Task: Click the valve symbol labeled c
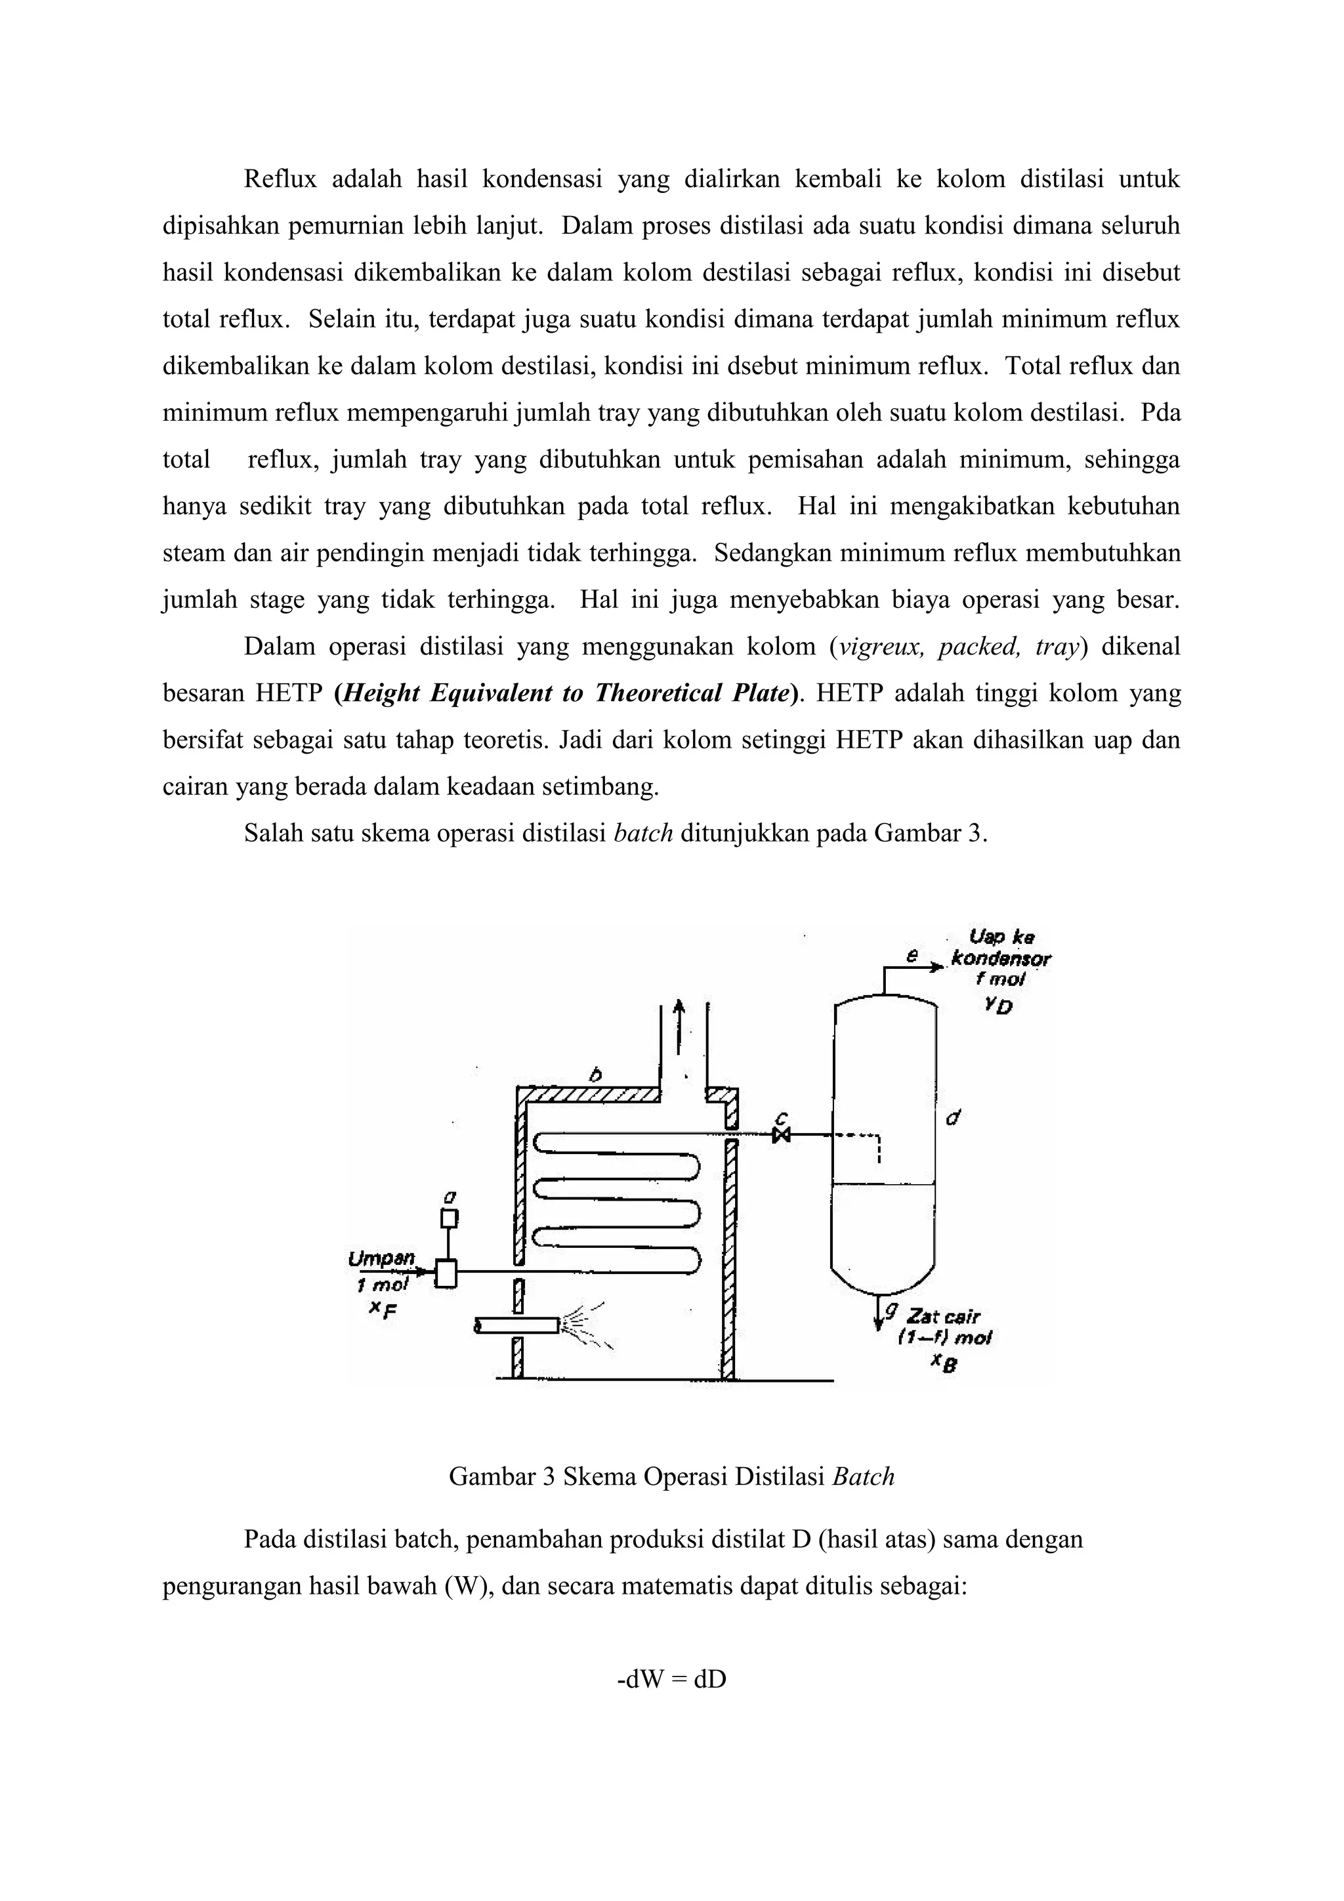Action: tap(780, 1134)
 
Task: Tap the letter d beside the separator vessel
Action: tap(953, 1118)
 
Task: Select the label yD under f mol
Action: tap(999, 1006)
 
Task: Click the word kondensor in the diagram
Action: tap(1001, 959)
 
